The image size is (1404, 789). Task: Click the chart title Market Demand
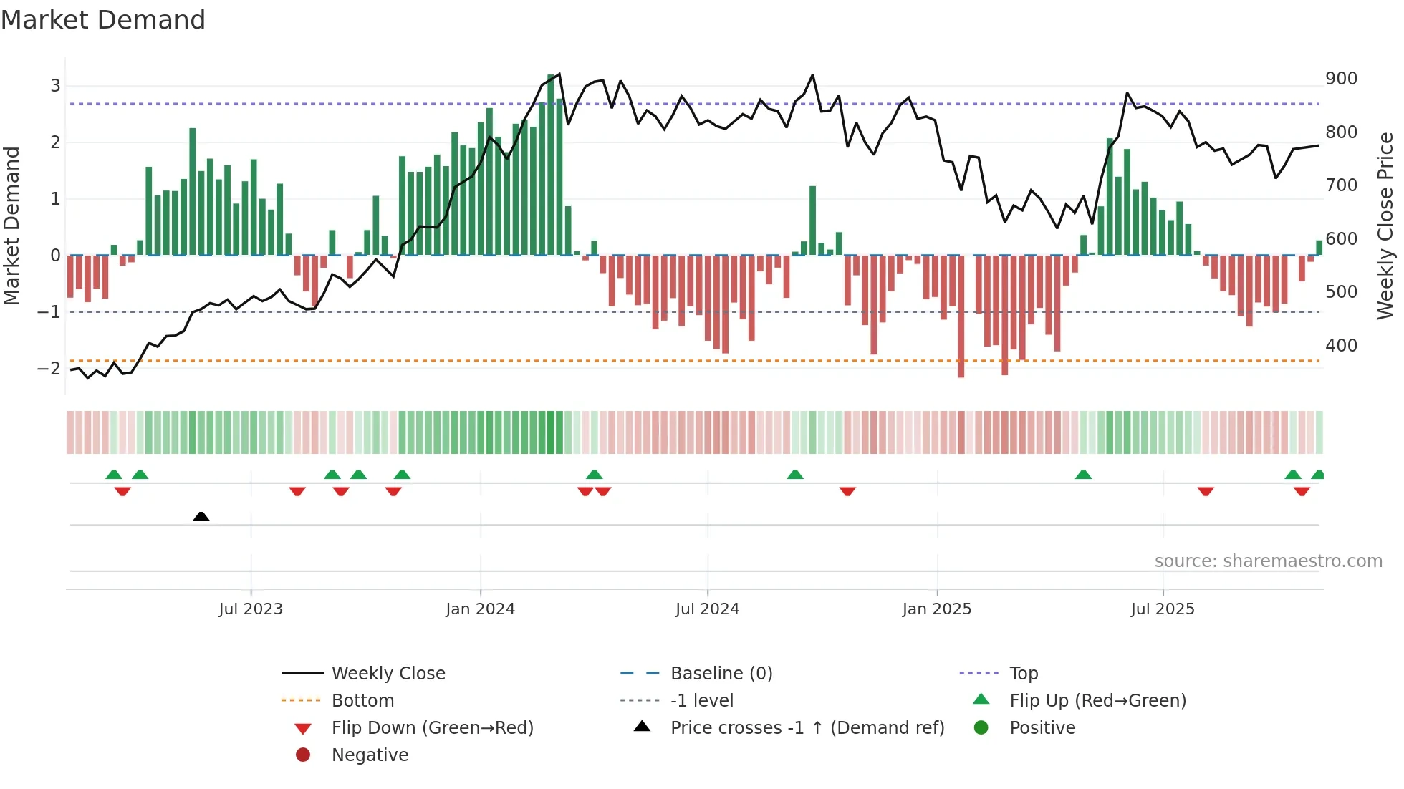(103, 20)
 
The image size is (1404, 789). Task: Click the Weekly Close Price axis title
(1385, 226)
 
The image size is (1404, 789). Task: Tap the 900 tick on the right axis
(1341, 79)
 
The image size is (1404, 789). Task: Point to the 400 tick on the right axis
(1341, 346)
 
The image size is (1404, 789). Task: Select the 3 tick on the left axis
(55, 86)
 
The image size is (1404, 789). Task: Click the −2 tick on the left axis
(49, 369)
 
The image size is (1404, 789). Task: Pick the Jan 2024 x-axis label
(480, 609)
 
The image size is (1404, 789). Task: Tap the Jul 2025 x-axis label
(1163, 609)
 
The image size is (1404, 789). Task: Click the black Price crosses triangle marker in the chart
(201, 516)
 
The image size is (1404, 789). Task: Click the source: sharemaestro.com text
(1268, 561)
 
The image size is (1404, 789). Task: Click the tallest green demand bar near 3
(550, 165)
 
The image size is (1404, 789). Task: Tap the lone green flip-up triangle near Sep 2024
(795, 475)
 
